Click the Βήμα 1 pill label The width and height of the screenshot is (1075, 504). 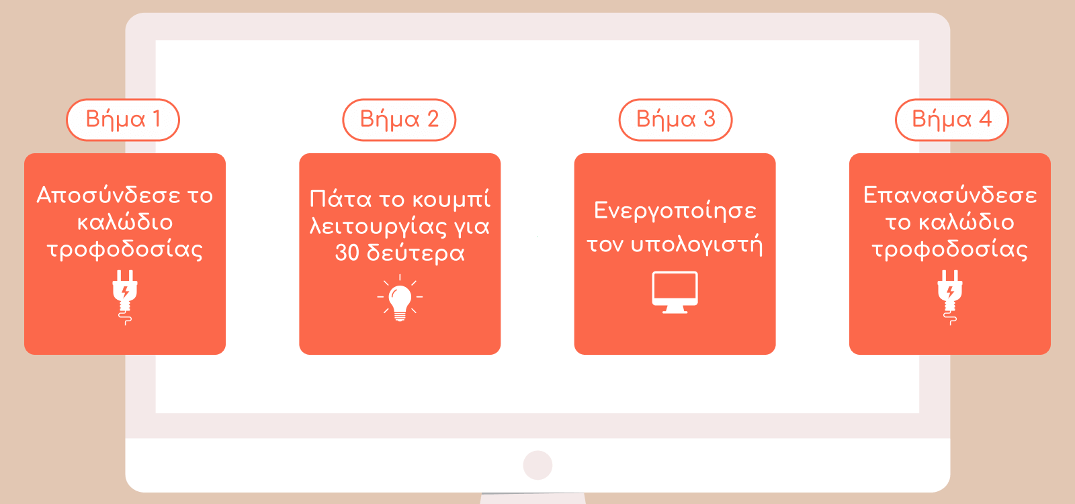point(123,120)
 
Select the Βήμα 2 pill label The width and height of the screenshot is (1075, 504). point(399,120)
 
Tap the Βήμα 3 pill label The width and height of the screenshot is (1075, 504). point(675,120)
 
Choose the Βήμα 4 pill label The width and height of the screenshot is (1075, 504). point(951,120)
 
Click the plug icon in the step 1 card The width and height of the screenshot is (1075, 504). point(125,296)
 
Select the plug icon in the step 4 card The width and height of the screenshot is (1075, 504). point(950,296)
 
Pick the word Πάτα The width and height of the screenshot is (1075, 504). point(340,200)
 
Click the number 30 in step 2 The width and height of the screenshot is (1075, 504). point(347,253)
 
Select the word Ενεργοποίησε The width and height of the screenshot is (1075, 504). point(675,211)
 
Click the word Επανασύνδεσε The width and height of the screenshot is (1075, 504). point(950,196)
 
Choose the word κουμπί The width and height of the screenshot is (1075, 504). point(451,200)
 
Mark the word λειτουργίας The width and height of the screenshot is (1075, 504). point(378,226)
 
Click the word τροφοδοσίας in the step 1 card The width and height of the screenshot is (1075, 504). point(125,249)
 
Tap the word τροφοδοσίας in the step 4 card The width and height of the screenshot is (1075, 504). point(950,249)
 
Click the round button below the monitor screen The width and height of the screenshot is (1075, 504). point(537,464)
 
